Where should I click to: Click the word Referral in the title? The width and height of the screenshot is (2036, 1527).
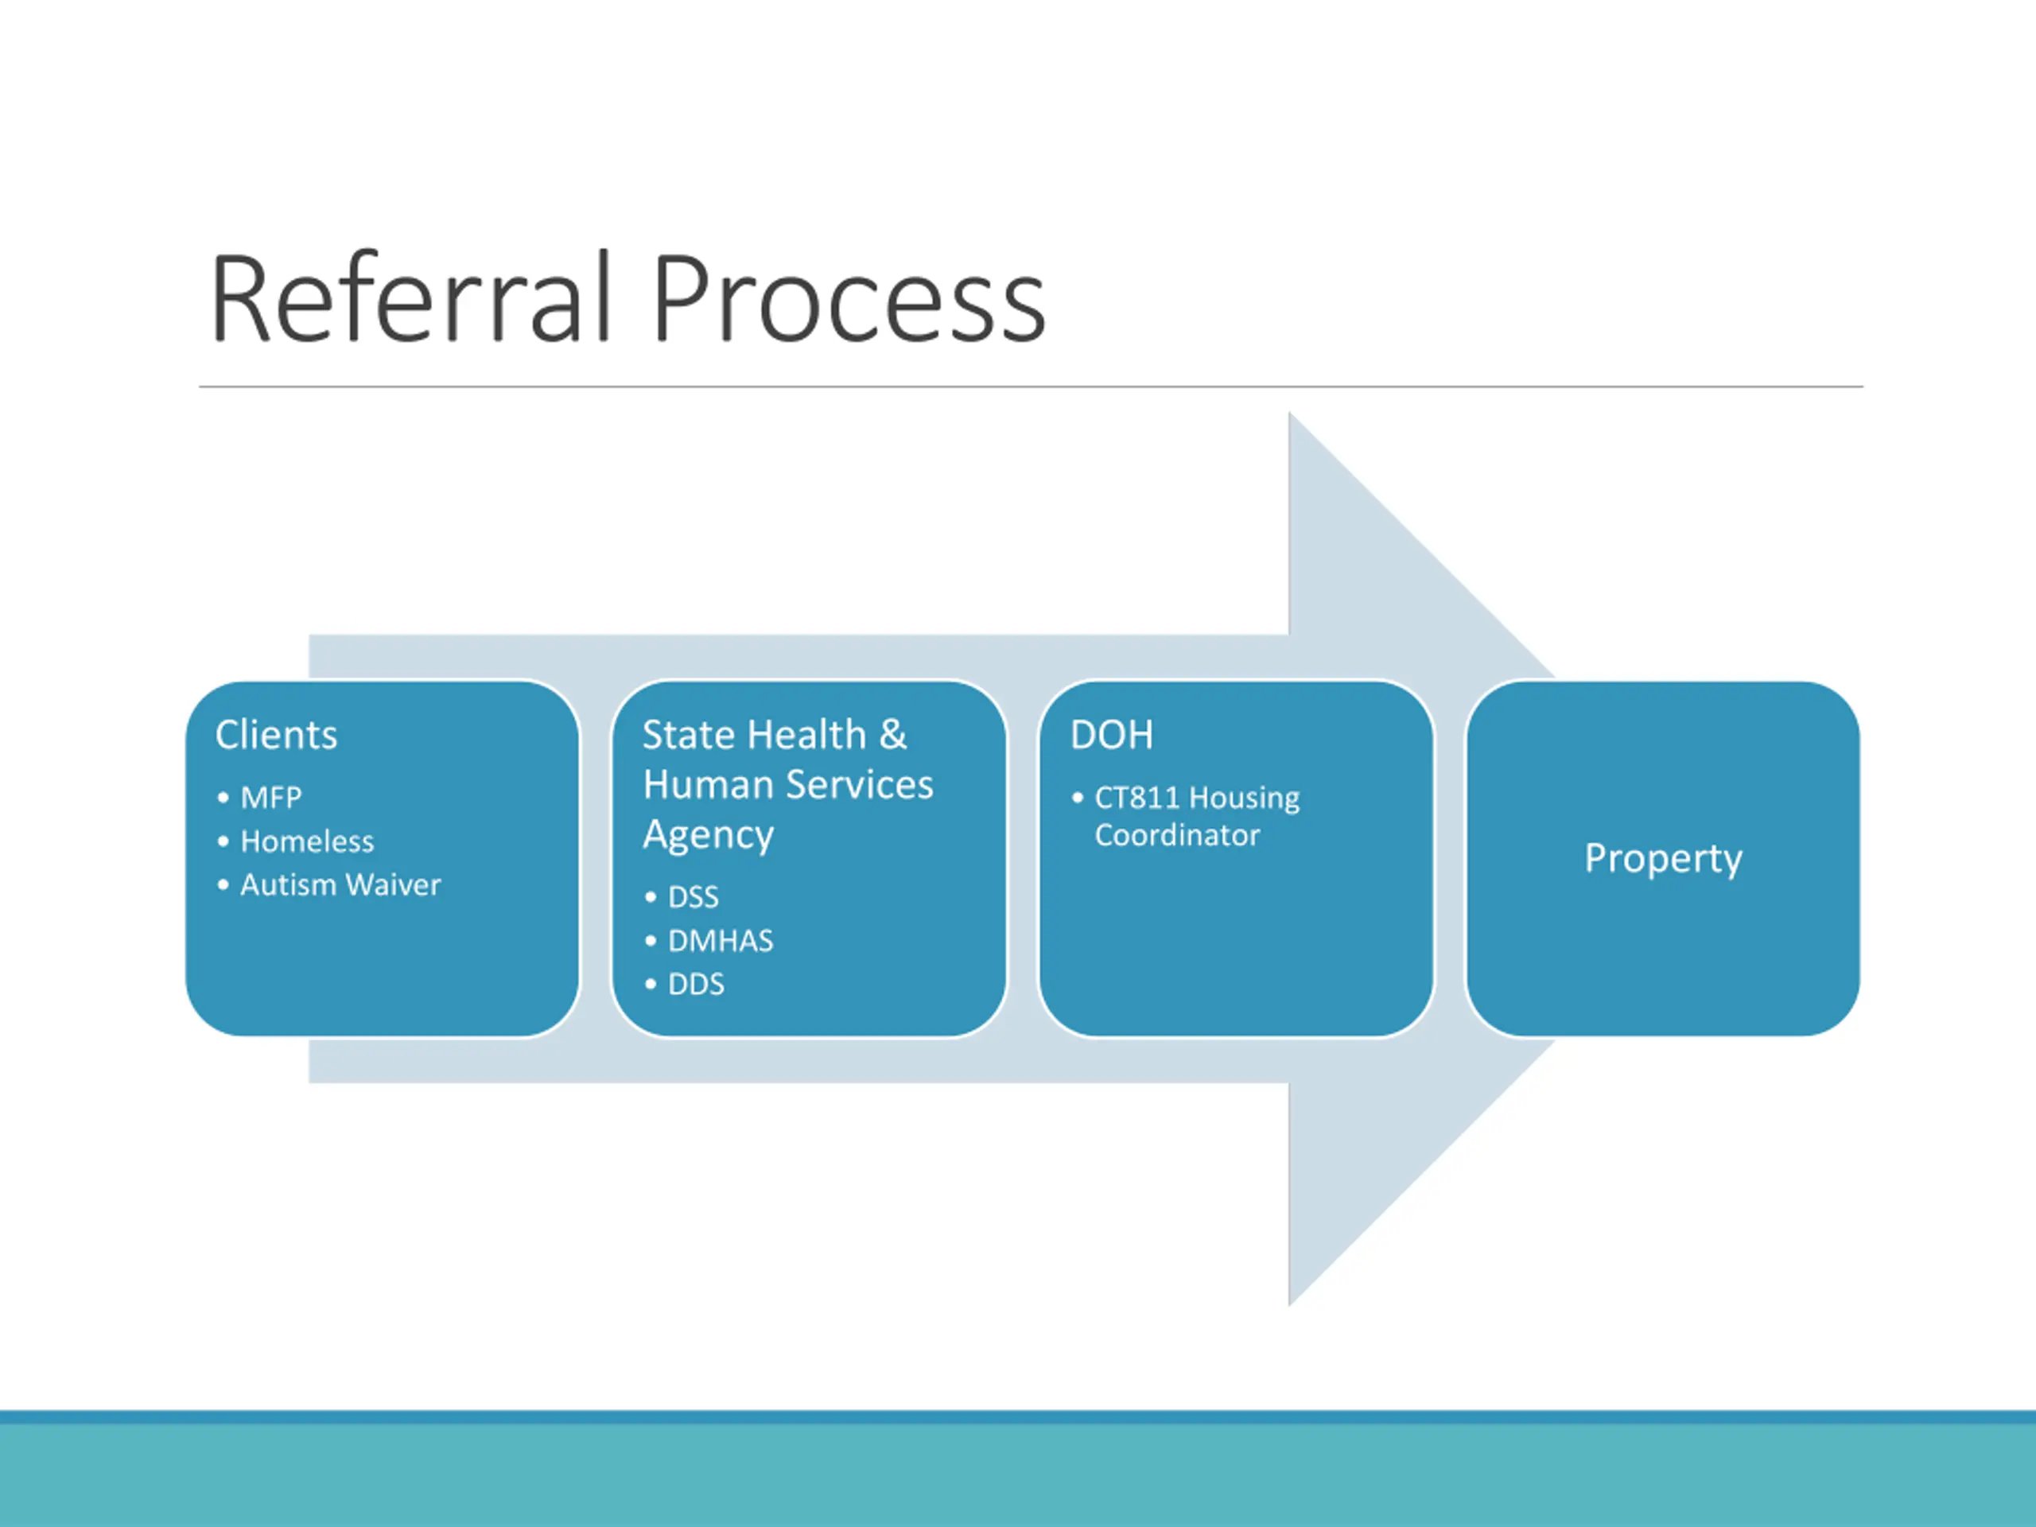coord(410,297)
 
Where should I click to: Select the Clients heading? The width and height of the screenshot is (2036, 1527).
coord(276,735)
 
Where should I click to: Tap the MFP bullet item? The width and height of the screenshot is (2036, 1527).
coord(270,797)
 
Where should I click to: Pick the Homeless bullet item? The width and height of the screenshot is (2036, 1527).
coord(308,841)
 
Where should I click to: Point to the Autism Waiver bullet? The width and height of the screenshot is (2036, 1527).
coord(340,884)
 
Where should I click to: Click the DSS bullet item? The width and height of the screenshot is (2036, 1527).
coord(693,896)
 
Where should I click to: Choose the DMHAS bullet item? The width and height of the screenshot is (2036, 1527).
coord(721,941)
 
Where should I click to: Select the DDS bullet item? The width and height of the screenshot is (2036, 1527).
coord(696,984)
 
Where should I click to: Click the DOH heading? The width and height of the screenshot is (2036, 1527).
coord(1111,735)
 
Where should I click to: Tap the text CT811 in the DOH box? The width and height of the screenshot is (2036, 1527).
coord(1137,797)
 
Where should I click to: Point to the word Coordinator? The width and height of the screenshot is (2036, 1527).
coord(1177,835)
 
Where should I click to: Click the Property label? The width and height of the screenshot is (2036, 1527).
coord(1663,859)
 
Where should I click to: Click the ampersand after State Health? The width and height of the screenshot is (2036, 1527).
coord(893,735)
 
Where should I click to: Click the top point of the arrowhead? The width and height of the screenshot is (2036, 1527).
coord(1289,412)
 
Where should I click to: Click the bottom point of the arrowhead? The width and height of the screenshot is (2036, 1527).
coord(1289,1306)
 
